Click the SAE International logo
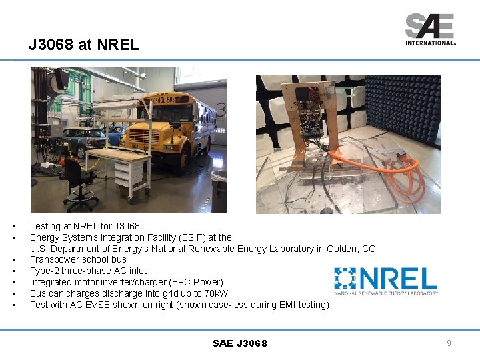[x=430, y=29]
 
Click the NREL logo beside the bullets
[x=386, y=281]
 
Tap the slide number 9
[x=449, y=343]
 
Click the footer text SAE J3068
[x=240, y=343]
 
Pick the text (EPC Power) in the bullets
[x=197, y=282]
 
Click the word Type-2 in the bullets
[x=45, y=271]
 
